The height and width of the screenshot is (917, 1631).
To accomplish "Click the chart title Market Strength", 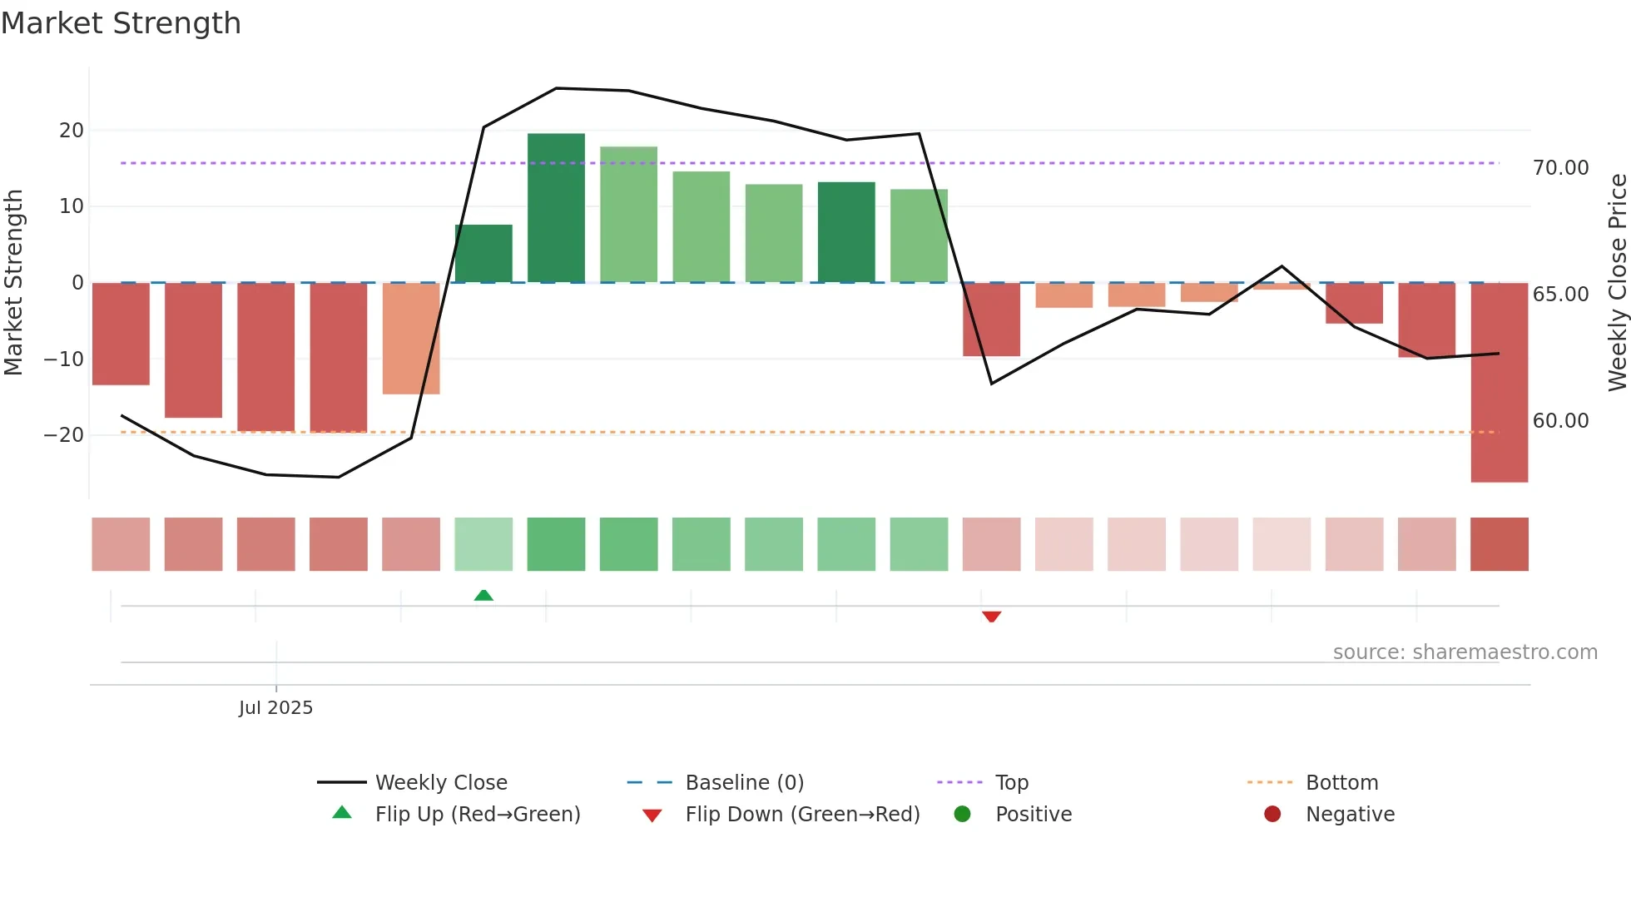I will (121, 23).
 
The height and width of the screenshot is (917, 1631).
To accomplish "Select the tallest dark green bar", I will (556, 208).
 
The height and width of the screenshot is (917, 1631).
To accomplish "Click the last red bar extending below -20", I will (1499, 383).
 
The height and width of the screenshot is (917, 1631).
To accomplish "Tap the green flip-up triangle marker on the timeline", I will (483, 595).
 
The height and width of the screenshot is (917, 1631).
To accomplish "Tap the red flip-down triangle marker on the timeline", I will (991, 617).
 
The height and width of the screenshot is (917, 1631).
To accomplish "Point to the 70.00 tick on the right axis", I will (1560, 168).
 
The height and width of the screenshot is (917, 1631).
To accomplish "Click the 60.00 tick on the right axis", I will (1560, 421).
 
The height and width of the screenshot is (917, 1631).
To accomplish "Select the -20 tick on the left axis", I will (64, 435).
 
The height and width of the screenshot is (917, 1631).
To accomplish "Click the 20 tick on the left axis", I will (72, 131).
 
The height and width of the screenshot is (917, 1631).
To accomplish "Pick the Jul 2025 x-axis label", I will (275, 708).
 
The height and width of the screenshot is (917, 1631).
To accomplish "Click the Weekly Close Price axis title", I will (1617, 283).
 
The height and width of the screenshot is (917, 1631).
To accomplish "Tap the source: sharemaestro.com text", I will (1465, 652).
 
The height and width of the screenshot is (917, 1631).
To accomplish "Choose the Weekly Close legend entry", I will (440, 783).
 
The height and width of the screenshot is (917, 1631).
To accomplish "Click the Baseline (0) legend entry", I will (744, 783).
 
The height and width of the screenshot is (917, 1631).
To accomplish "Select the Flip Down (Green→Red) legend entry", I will (801, 815).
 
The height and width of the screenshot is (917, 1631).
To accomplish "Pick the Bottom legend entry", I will (1341, 783).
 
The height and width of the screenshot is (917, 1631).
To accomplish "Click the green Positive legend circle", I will (963, 815).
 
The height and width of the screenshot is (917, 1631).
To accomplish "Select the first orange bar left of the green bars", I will (411, 339).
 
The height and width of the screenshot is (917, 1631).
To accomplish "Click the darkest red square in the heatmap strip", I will (1499, 544).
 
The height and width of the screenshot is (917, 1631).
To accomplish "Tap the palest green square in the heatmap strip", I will (483, 544).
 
